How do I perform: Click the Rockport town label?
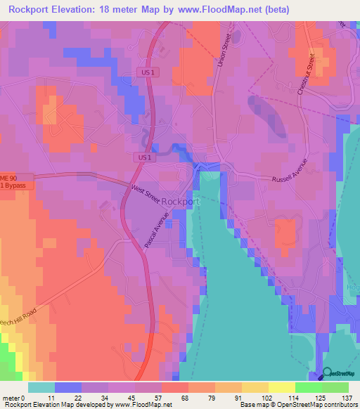coord(181,201)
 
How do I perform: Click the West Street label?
coord(146,195)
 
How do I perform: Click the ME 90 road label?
coord(7,178)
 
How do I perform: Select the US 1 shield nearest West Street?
coord(145,158)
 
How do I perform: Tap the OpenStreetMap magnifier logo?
coord(327,375)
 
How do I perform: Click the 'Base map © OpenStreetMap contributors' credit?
coord(297,405)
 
